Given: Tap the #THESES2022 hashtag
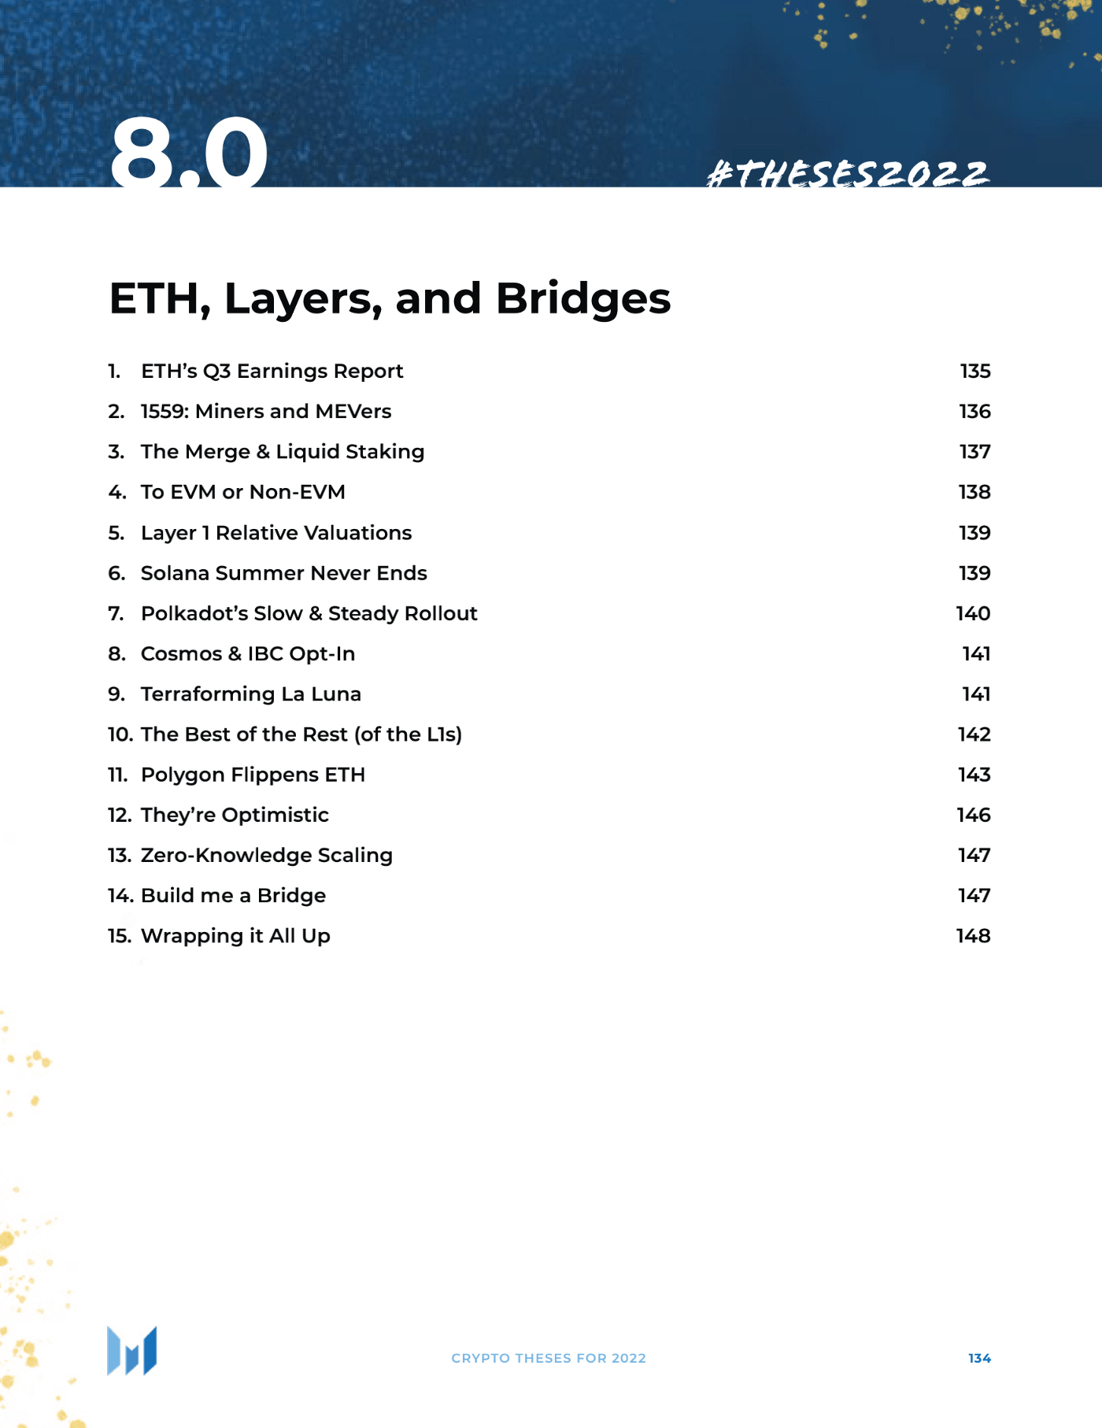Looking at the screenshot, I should pyautogui.click(x=848, y=174).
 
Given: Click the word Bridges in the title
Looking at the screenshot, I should pyautogui.click(x=582, y=298).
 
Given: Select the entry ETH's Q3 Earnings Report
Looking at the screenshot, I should pyautogui.click(x=272, y=371).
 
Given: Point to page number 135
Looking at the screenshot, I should pyautogui.click(x=974, y=371).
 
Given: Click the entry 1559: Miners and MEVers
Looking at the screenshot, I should pyautogui.click(x=265, y=411).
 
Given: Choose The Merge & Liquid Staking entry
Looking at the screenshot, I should pyautogui.click(x=282, y=451).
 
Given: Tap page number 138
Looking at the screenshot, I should pyautogui.click(x=974, y=492).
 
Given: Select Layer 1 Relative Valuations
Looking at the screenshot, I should pyautogui.click(x=275, y=533).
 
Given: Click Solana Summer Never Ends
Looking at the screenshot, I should pyautogui.click(x=283, y=573).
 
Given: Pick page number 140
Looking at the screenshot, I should pyautogui.click(x=973, y=613).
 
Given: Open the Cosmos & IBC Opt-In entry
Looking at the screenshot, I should pyautogui.click(x=247, y=653).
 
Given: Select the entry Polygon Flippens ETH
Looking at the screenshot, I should pyautogui.click(x=253, y=775).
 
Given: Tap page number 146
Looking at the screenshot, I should pyautogui.click(x=973, y=815).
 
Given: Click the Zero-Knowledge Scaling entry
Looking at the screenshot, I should pyautogui.click(x=266, y=855).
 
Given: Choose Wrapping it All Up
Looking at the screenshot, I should pyautogui.click(x=235, y=936).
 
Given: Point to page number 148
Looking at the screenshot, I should pyautogui.click(x=973, y=936).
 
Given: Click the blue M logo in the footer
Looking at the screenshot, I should pyautogui.click(x=132, y=1351).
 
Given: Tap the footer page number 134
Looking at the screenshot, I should pyautogui.click(x=979, y=1358).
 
